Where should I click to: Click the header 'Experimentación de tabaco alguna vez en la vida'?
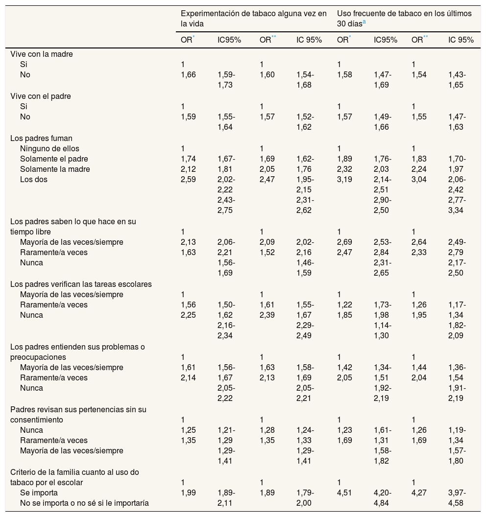(254, 18)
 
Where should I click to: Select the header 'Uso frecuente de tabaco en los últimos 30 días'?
(404, 18)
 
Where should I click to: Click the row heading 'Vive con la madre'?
(42, 54)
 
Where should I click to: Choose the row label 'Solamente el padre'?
(54, 159)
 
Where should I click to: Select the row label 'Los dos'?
(33, 179)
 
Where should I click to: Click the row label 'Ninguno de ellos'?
(49, 148)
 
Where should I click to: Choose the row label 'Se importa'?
(39, 492)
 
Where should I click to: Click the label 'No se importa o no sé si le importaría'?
(84, 502)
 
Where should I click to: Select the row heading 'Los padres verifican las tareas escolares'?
(81, 284)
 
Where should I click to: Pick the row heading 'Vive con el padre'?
(41, 96)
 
